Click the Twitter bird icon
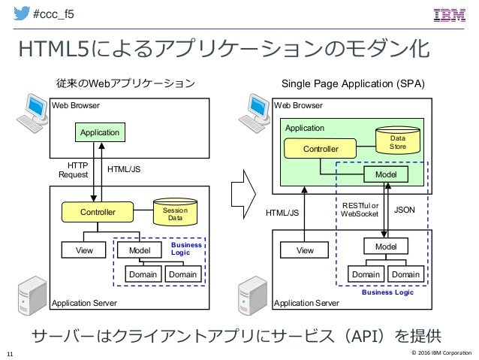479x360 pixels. [21, 13]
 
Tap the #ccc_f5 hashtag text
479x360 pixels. [53, 14]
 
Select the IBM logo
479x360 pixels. [450, 15]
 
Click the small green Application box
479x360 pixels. [100, 132]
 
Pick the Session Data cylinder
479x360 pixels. [175, 212]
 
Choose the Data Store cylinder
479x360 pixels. [398, 141]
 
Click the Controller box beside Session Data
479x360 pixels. [98, 212]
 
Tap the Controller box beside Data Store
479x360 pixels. [320, 149]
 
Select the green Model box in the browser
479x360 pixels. [386, 174]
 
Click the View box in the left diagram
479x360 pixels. [83, 250]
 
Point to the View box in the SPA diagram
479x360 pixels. [305, 250]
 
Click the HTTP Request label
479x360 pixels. [74, 170]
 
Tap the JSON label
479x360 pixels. [405, 210]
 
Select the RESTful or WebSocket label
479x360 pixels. [360, 210]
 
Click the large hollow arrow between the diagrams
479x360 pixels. [243, 194]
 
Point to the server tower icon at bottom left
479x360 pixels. [32, 295]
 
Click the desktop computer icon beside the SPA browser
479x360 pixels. [255, 113]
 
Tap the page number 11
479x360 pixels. [10, 354]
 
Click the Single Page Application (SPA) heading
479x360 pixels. [353, 84]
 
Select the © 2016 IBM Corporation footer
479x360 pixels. [441, 352]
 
